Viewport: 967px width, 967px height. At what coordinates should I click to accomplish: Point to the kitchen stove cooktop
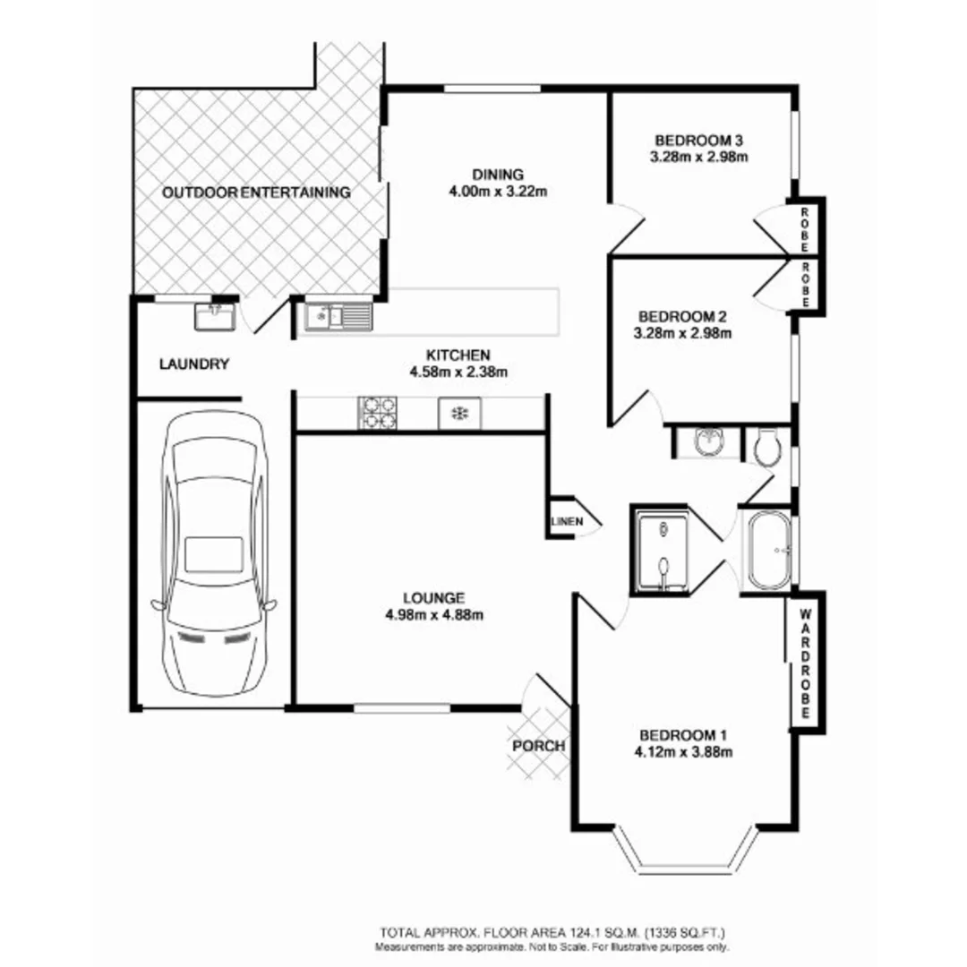(377, 413)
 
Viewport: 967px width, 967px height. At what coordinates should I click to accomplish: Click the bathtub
(768, 551)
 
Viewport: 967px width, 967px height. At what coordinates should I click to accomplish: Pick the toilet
(767, 446)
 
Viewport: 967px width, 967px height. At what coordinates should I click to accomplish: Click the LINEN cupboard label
(566, 520)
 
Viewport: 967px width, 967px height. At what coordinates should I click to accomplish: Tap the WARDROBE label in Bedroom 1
(804, 663)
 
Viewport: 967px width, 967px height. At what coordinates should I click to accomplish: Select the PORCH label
(538, 745)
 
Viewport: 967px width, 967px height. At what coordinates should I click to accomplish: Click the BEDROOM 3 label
(699, 140)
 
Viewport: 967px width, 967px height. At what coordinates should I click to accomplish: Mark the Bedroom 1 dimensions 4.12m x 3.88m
(683, 751)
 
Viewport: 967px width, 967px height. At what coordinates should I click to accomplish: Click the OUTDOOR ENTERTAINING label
(256, 192)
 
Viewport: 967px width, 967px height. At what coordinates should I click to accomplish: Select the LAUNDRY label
(194, 364)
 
